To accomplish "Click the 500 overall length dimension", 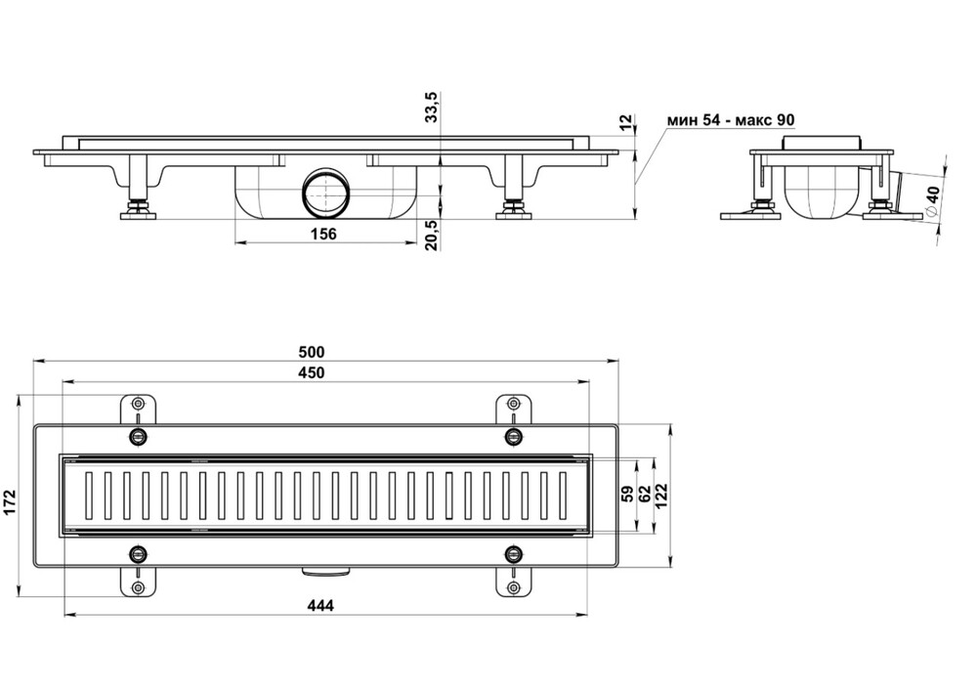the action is (312, 353).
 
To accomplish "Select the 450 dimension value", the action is (312, 372).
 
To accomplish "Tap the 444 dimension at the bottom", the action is (320, 605).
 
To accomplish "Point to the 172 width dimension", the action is (11, 502).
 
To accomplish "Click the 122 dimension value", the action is (661, 496).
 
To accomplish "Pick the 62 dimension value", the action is (646, 495).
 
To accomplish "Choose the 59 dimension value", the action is (628, 495).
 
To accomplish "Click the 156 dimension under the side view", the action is (323, 234).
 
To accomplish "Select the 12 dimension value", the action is (626, 122).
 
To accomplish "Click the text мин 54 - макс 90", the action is (730, 119).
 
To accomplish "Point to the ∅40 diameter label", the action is (931, 200).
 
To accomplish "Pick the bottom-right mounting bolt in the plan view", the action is (514, 552).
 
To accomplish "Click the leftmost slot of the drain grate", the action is (89, 496).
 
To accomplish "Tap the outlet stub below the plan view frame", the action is (326, 570).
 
